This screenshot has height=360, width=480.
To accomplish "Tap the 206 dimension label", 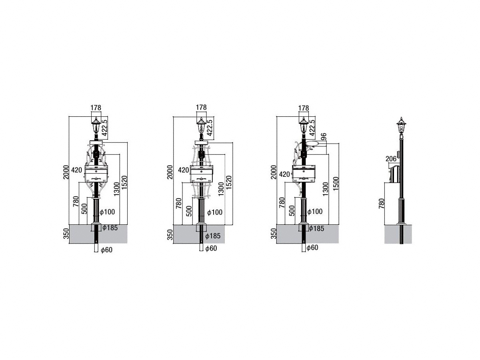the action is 391,159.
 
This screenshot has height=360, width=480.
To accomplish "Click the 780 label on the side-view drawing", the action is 382,203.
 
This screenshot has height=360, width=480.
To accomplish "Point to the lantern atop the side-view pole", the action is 401,126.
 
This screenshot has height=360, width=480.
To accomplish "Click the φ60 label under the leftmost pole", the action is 106,250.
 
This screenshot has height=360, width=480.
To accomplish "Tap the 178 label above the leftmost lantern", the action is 96,108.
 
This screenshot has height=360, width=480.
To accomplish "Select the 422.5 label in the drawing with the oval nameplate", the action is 312,128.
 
